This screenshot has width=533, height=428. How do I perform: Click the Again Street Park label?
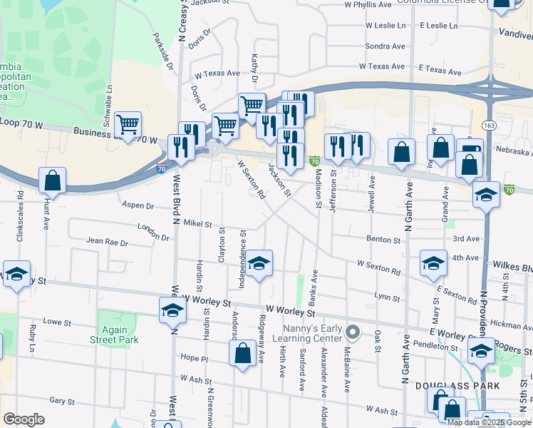tap(108, 335)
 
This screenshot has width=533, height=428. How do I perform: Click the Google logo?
tap(24, 419)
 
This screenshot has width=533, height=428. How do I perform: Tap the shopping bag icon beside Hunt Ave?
tap(53, 181)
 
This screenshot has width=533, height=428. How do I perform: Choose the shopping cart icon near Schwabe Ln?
tap(128, 125)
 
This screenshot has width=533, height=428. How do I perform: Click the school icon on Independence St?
tap(259, 263)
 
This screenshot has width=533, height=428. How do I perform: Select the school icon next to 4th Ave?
tap(433, 263)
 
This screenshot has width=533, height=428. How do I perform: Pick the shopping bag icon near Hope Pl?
tap(242, 354)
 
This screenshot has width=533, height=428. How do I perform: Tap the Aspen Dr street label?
tap(138, 205)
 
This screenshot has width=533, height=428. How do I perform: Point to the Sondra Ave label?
tap(385, 46)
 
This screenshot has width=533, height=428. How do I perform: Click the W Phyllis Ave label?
tap(368, 4)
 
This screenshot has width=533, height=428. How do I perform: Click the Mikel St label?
tap(198, 224)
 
